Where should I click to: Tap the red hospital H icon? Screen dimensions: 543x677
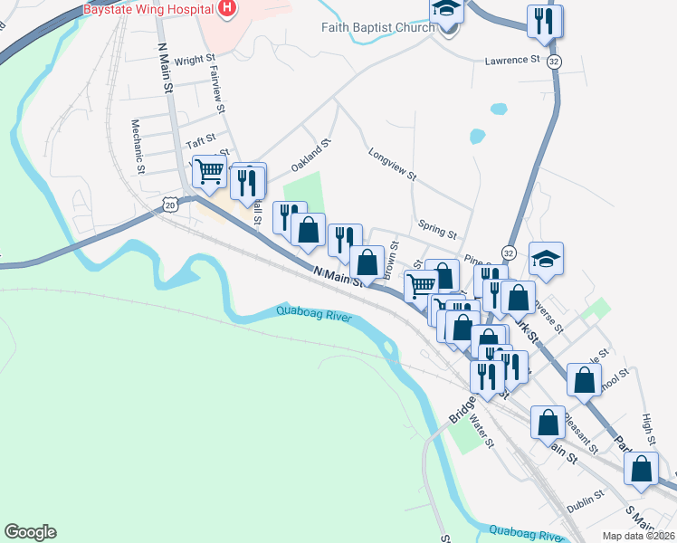tap(227, 8)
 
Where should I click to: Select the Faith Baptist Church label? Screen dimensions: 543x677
tap(377, 27)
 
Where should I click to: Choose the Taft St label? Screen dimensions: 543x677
tap(201, 140)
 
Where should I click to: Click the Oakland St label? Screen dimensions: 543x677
tap(311, 155)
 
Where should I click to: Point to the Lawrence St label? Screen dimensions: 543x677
tap(511, 61)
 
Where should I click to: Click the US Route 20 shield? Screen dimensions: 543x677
tap(170, 205)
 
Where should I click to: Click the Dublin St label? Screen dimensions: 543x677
tap(586, 499)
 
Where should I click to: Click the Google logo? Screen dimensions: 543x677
tap(30, 532)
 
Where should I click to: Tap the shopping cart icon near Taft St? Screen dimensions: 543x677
tap(209, 169)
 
